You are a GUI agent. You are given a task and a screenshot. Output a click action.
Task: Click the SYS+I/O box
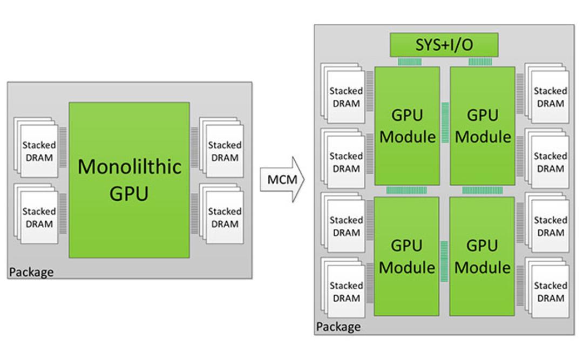[x=444, y=45]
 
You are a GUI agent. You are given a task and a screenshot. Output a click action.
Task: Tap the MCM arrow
[x=282, y=180]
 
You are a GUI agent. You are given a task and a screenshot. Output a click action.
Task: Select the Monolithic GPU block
[x=129, y=180]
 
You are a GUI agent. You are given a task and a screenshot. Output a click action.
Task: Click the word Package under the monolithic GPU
[x=31, y=272]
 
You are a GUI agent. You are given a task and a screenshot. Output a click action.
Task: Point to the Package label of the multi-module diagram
[x=338, y=327]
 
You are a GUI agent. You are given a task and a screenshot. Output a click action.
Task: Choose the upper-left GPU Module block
[x=407, y=126]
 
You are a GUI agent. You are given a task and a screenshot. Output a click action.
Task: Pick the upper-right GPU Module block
[x=483, y=126]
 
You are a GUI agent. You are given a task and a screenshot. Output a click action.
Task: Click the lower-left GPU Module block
[x=406, y=256]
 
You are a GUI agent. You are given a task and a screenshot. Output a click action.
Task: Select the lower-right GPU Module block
[x=482, y=256]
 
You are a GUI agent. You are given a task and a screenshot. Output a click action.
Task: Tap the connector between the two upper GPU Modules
[x=445, y=123]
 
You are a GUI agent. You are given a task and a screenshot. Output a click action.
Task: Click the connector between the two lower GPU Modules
[x=444, y=261]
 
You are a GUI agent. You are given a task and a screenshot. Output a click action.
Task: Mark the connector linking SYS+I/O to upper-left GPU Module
[x=410, y=62]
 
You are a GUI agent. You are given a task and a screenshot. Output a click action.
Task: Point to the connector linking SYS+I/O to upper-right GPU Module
[x=480, y=62]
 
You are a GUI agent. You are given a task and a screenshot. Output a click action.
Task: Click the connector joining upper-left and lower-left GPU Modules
[x=406, y=191]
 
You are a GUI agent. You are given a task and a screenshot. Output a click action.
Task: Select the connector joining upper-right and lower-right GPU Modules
[x=482, y=191]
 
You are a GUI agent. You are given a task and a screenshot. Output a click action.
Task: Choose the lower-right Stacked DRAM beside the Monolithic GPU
[x=222, y=214]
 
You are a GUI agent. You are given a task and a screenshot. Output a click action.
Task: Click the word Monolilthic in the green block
[x=130, y=167]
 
